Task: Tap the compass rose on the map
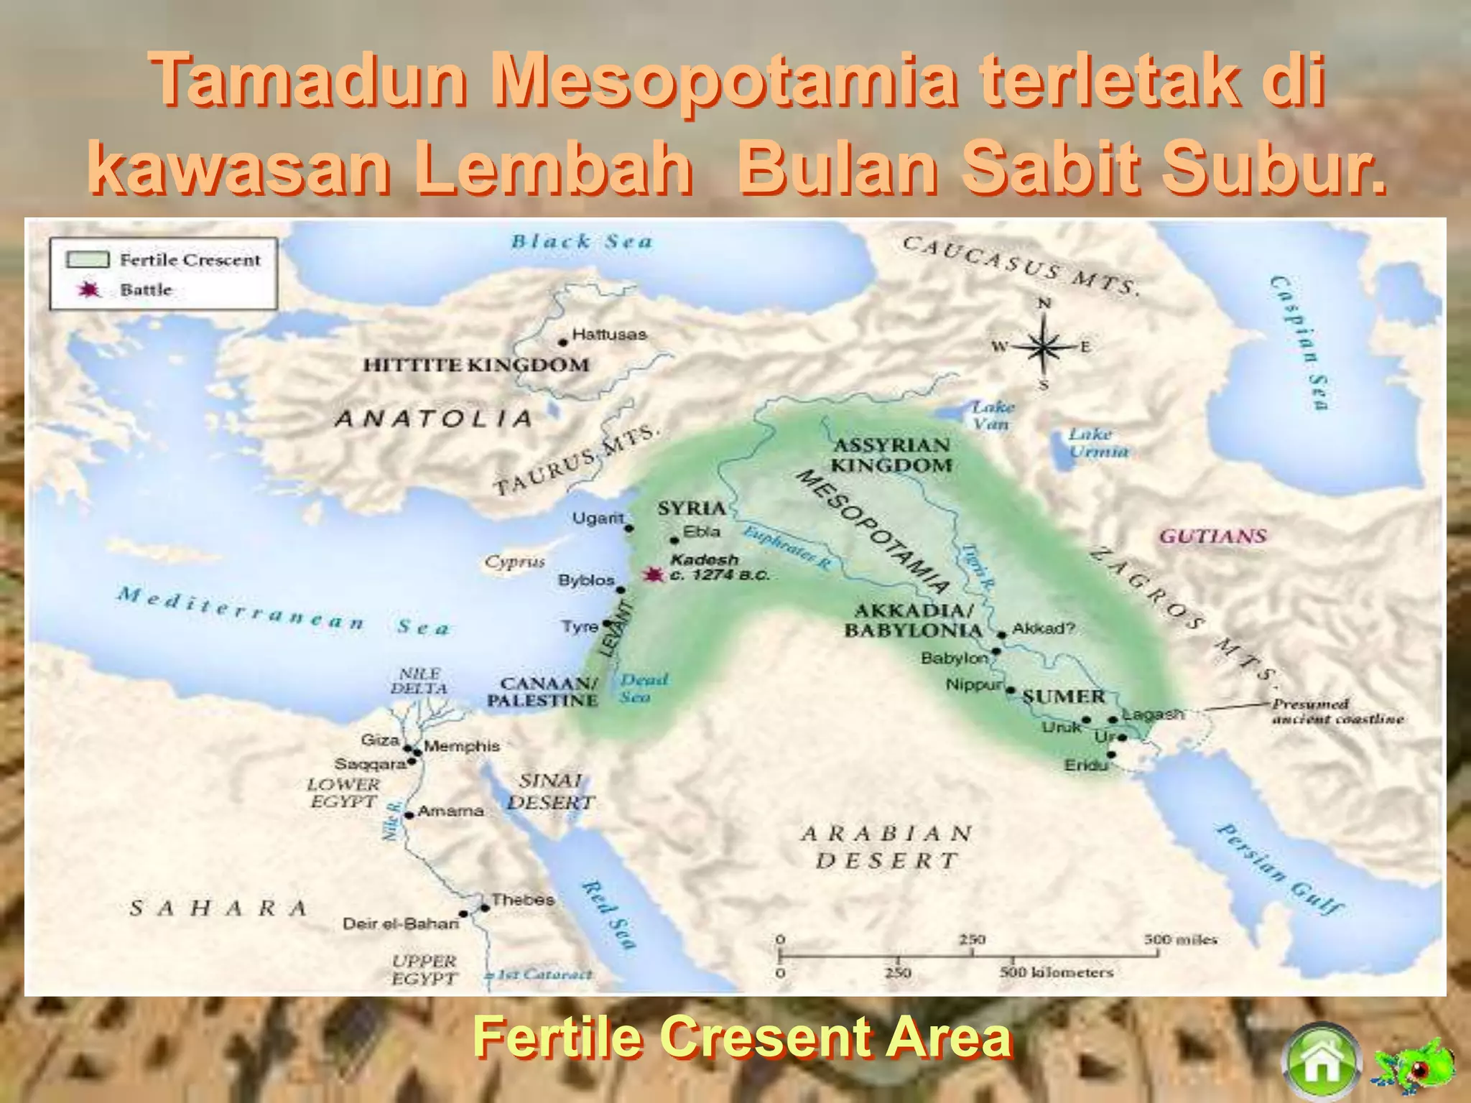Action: pos(1043,346)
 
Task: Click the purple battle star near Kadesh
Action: pos(653,575)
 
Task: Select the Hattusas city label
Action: pos(609,335)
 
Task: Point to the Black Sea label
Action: pos(582,241)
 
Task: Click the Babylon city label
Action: pos(955,658)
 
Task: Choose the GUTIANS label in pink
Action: pos(1213,536)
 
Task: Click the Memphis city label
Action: pos(461,746)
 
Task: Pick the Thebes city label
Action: pos(522,900)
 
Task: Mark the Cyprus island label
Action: pos(514,562)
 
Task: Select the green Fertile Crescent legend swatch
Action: pos(88,259)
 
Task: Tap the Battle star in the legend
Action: pos(89,290)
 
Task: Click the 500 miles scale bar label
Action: pos(1180,939)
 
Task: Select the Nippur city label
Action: pos(973,685)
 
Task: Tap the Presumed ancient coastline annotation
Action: pos(1337,711)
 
